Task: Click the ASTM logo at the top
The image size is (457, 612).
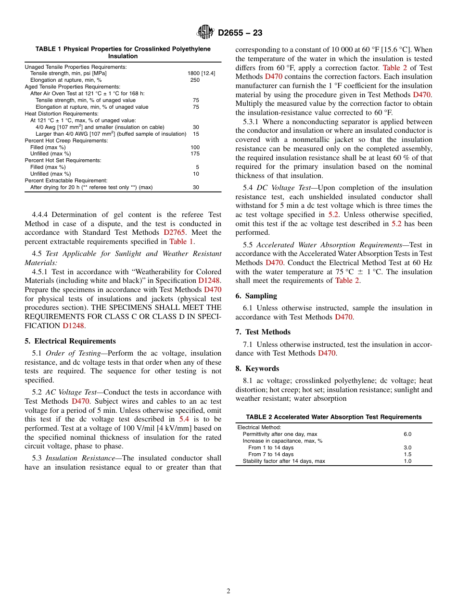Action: coord(206,32)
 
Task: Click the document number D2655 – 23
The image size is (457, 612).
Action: coord(240,33)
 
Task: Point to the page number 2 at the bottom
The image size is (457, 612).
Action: coord(228,591)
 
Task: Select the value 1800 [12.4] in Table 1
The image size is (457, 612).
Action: coord(201,74)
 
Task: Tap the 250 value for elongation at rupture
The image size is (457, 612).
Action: coord(195,80)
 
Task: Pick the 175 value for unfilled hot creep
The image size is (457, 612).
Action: coord(195,154)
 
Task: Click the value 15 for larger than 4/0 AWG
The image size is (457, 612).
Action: coord(196,134)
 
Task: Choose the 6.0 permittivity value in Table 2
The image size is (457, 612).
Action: coord(407,434)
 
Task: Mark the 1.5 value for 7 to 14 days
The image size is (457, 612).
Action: coord(407,454)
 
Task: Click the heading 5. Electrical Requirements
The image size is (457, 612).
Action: coord(70,341)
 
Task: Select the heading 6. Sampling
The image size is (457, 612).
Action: coord(256,296)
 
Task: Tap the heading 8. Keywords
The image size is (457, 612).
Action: coord(257,369)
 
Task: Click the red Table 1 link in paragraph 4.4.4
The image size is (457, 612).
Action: coord(181,242)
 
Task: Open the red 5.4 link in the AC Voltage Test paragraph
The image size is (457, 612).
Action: coord(184,419)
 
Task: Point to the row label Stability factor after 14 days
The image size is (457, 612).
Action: coord(284,461)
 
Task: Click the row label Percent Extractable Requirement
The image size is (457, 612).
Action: coord(66,180)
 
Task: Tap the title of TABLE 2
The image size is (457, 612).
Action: coord(333,417)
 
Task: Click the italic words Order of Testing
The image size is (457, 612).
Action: coord(73,353)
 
